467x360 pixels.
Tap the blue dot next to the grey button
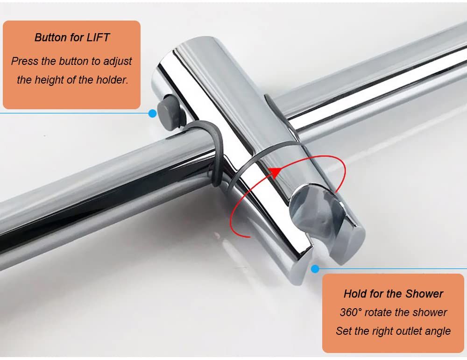tap(153, 113)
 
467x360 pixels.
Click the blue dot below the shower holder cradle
tap(315, 269)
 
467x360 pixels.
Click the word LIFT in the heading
tap(98, 37)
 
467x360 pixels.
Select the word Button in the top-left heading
tap(50, 37)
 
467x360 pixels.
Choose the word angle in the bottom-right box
tap(439, 332)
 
